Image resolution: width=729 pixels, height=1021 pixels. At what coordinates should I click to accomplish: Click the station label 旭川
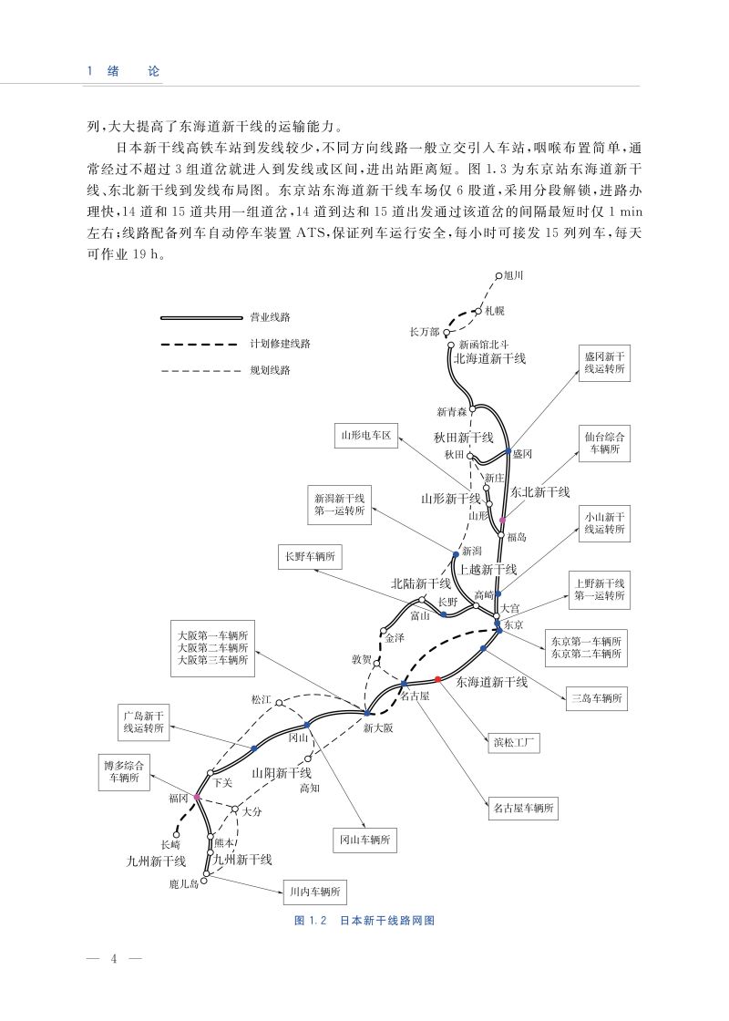pyautogui.click(x=515, y=274)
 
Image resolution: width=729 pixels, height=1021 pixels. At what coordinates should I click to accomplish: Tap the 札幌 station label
pyautogui.click(x=494, y=310)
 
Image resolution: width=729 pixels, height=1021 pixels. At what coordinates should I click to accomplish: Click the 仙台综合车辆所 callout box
pyautogui.click(x=604, y=442)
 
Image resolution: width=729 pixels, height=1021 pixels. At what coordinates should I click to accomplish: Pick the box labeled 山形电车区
pyautogui.click(x=364, y=437)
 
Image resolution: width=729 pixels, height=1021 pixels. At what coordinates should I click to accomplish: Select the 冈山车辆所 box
pyautogui.click(x=364, y=841)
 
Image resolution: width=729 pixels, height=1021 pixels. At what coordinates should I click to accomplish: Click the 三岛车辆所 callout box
pyautogui.click(x=596, y=699)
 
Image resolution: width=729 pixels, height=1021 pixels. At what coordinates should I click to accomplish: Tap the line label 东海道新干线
pyautogui.click(x=491, y=681)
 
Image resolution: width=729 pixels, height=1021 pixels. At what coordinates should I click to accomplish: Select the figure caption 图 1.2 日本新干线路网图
pyautogui.click(x=364, y=921)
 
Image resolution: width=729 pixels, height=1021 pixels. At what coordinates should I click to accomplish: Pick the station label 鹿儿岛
pyautogui.click(x=182, y=883)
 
